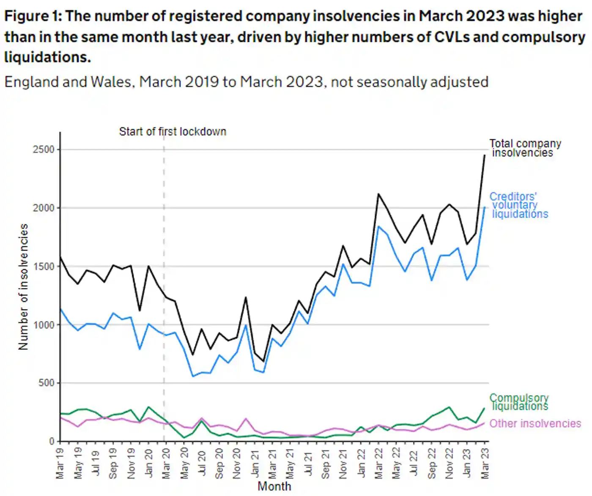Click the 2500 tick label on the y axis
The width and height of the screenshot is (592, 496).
click(44, 149)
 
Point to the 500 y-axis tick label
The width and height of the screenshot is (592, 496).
click(46, 383)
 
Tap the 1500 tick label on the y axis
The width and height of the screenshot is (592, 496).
click(44, 266)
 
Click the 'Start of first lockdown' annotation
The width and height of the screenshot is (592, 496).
click(173, 132)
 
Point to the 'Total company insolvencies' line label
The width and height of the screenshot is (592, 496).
click(525, 148)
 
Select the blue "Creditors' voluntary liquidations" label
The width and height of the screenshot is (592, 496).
click(519, 205)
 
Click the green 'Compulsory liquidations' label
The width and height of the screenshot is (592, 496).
click(519, 402)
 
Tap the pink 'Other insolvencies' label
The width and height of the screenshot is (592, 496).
click(535, 423)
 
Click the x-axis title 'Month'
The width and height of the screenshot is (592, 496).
click(274, 486)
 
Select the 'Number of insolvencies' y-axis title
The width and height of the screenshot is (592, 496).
click(23, 287)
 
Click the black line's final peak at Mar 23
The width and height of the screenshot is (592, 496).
click(485, 155)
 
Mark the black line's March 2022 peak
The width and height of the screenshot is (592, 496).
click(378, 194)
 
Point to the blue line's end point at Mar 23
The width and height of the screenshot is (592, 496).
click(485, 207)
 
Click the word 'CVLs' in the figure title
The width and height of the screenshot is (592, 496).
click(452, 37)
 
